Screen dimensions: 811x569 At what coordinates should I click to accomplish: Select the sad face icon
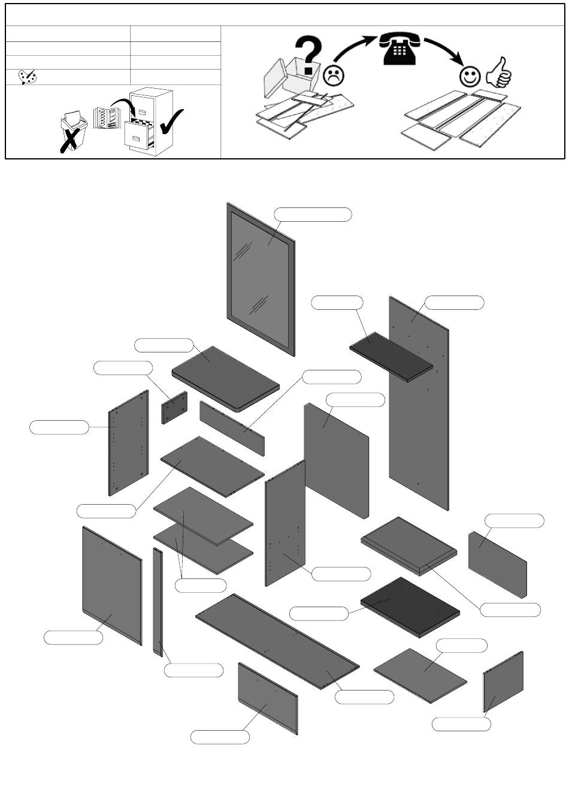[x=333, y=75]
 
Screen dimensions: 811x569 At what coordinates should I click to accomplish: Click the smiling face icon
[x=470, y=76]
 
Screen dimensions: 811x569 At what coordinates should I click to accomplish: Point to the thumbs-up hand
[x=498, y=73]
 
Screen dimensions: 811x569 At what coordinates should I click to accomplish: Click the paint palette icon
[x=28, y=77]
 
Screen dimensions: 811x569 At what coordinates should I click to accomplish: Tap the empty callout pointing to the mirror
[x=313, y=214]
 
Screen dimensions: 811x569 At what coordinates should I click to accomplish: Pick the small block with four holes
[x=174, y=408]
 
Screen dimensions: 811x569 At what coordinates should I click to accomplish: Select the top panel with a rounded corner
[x=225, y=378]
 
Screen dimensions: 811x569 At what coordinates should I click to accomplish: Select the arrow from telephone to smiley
[x=446, y=49]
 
